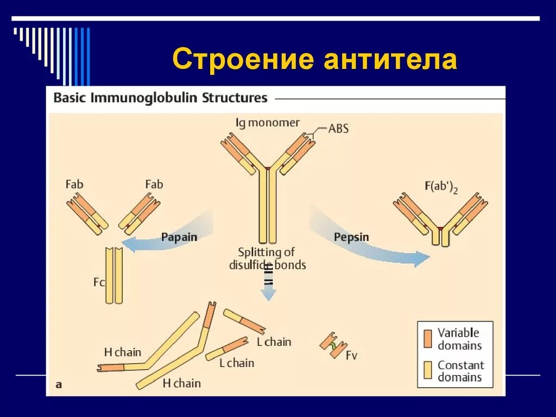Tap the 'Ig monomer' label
267,123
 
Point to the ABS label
338,129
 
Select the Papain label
179,237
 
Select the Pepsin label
351,237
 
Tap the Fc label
99,282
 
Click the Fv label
352,356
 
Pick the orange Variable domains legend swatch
428,338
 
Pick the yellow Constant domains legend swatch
428,371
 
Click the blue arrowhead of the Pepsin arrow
421,259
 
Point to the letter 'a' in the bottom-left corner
59,384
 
